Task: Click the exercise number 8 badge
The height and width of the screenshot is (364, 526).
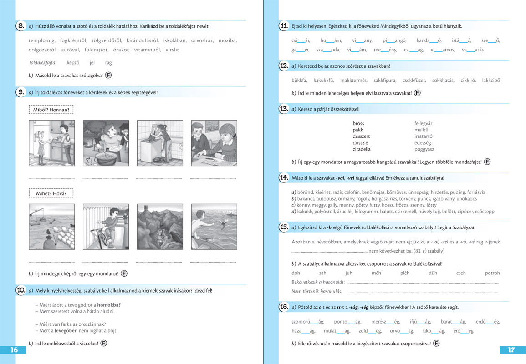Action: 20,26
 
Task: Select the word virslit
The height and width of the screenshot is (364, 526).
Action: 172,50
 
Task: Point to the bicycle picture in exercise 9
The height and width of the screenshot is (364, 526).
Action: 106,227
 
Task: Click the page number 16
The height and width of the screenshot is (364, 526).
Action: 14,350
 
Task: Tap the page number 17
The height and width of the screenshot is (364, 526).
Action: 511,350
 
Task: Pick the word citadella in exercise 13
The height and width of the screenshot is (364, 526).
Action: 362,149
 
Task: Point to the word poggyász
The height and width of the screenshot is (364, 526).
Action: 424,149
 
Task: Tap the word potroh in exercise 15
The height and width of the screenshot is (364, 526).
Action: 492,273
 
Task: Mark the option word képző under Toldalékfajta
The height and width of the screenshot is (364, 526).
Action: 73,63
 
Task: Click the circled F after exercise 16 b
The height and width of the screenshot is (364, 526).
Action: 437,343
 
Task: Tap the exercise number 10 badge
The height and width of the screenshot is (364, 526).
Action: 20,290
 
